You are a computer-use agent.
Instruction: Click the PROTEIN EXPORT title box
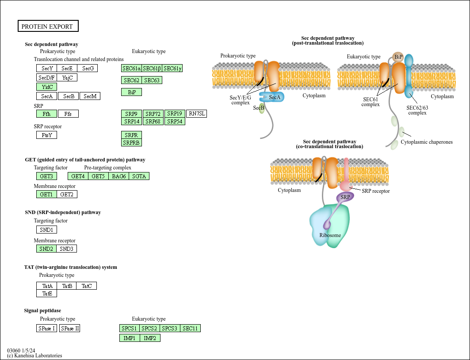coord(48,26)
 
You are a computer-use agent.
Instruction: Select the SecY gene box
coord(46,68)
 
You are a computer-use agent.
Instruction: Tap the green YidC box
coord(46,87)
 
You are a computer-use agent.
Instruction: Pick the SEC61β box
coord(152,68)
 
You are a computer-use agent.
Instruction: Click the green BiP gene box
coord(131,92)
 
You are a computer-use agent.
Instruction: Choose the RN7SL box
coord(197,114)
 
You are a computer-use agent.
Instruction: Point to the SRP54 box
coord(175,121)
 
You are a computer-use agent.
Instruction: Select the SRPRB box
coord(131,142)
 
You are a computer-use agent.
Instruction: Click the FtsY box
coord(46,135)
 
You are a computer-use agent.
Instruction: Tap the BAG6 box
coord(118,176)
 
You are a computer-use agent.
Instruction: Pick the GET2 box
coord(67,194)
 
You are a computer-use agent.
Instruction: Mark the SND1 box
coord(46,230)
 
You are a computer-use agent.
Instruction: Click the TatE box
coord(46,293)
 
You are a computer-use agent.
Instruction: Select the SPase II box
coord(70,328)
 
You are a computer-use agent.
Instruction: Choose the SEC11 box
coord(190,328)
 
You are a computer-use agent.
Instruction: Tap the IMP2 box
coord(150,338)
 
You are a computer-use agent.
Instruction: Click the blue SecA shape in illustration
coord(271,97)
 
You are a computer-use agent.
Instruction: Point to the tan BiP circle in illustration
coord(398,57)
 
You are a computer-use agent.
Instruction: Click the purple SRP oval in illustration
coord(345,197)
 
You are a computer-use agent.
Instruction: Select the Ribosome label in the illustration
coord(330,235)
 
